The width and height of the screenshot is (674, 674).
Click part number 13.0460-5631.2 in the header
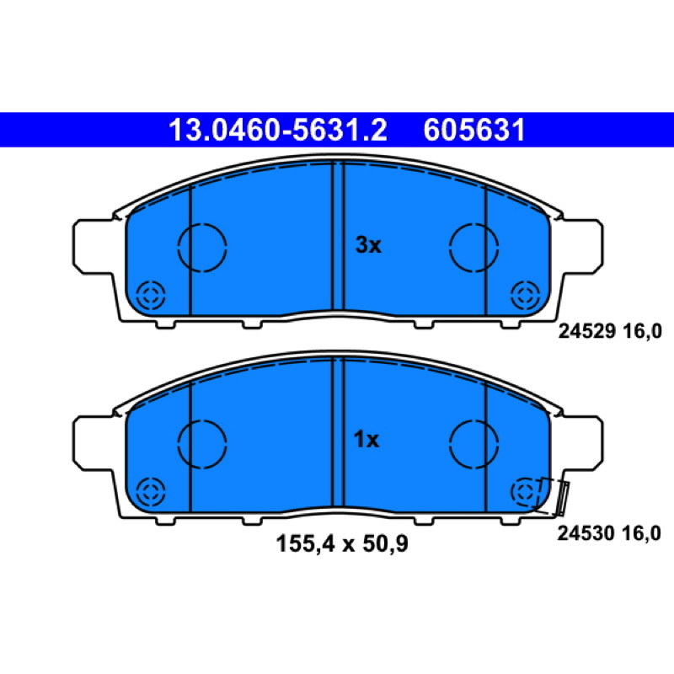click(x=278, y=130)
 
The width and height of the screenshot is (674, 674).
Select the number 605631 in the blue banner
click(x=474, y=130)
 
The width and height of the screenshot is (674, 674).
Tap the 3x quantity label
click(x=368, y=245)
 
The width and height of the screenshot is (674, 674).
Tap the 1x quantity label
click(x=366, y=440)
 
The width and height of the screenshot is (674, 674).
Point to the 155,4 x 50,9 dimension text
click(x=342, y=543)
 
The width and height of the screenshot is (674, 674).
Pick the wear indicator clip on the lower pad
click(x=562, y=498)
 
